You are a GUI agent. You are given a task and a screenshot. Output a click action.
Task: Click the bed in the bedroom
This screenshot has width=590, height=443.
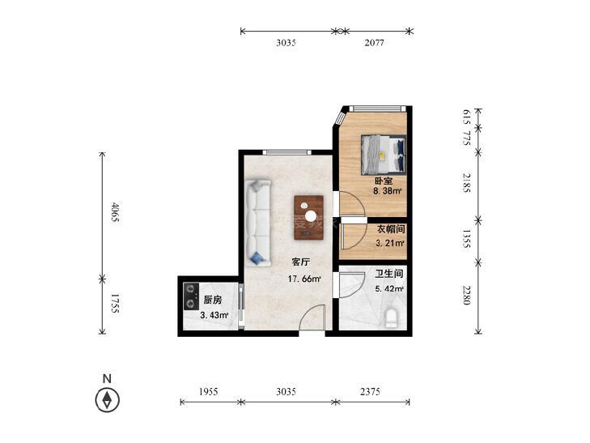pos(384,155)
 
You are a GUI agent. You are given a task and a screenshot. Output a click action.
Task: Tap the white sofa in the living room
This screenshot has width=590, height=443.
pos(258,224)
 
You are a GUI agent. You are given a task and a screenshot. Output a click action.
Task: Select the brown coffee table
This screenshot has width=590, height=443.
pos(309,217)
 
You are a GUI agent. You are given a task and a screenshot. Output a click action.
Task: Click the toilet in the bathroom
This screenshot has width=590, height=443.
pos(392,318)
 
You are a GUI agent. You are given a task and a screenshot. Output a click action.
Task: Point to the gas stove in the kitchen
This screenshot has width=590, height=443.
pos(191,296)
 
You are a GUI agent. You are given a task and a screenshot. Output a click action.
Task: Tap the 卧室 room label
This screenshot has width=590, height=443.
pos(384,181)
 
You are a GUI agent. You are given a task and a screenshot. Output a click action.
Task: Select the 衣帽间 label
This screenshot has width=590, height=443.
pos(391,229)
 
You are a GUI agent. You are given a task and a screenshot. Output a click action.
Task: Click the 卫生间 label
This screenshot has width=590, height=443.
pos(389,274)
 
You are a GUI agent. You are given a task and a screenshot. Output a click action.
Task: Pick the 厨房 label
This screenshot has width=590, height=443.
pos(213,300)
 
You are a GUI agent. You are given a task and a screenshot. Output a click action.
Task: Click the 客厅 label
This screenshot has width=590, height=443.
pos(300,262)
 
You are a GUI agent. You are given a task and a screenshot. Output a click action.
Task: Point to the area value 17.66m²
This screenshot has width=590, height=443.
pos(304,279)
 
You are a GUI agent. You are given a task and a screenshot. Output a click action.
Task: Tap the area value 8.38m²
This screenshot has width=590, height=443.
pos(387,191)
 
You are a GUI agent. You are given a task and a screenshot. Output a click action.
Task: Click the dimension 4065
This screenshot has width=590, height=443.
pos(115,212)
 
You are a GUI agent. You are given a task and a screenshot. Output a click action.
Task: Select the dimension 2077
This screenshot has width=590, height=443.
pos(374,43)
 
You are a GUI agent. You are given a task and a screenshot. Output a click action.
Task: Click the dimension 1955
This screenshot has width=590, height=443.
pos(209,392)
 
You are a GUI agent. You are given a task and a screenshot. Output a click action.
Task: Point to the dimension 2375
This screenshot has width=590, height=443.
pos(370,392)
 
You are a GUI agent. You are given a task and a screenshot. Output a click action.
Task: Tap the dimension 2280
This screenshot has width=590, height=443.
pos(466,295)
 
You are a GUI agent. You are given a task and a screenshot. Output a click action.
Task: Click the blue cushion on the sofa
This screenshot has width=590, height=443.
pos(257,258)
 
